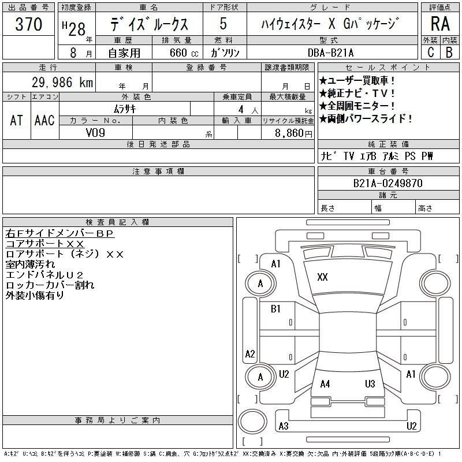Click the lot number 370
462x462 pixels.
point(28,24)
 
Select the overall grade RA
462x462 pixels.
point(440,24)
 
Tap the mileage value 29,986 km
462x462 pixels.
point(62,82)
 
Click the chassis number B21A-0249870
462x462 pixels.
point(388,183)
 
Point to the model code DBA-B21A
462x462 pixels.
point(330,53)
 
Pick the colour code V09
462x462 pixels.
point(95,133)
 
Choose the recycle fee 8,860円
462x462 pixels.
point(293,133)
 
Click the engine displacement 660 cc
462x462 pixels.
point(184,53)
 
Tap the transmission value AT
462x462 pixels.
point(16,120)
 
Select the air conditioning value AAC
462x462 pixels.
point(44,120)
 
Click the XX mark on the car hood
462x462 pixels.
point(322,277)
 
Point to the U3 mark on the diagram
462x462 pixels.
point(370,383)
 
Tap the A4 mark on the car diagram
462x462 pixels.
point(325,384)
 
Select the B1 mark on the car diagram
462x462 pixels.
point(275,309)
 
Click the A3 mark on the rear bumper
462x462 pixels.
point(284,426)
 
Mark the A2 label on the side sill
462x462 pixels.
point(250,353)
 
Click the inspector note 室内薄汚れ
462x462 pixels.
point(30,264)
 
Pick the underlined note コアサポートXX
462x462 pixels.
point(45,244)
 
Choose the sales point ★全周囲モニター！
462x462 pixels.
point(357,106)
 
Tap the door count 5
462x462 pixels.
point(223,24)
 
